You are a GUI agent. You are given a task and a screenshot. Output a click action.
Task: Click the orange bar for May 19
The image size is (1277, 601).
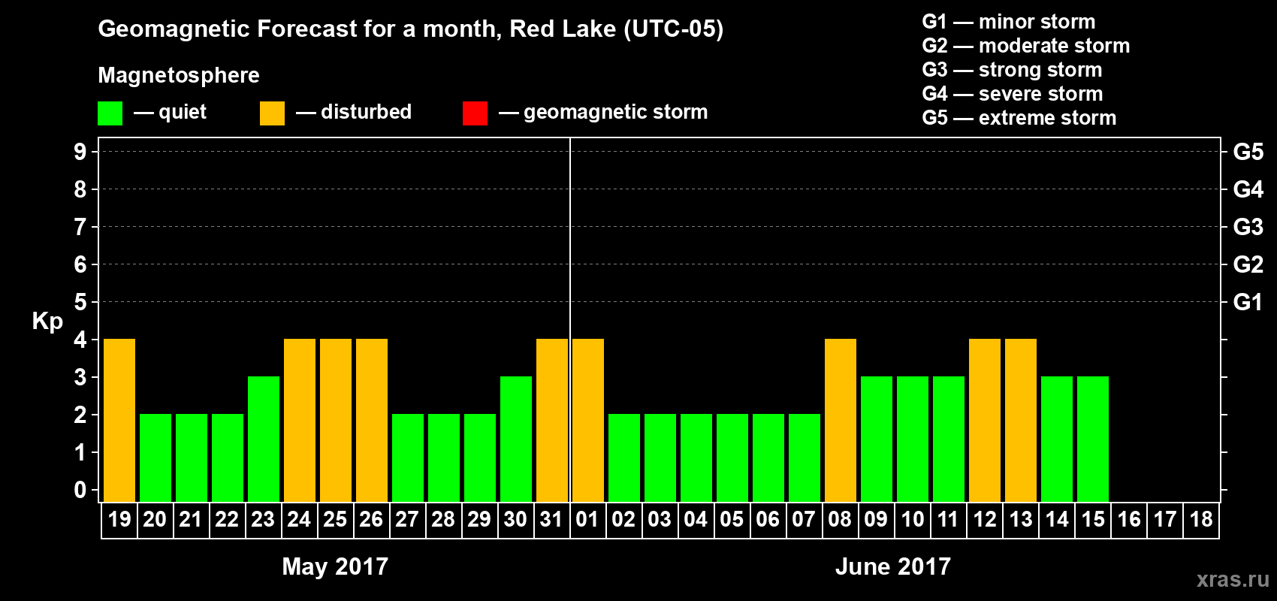(119, 420)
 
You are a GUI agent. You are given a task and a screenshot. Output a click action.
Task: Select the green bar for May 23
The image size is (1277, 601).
(264, 439)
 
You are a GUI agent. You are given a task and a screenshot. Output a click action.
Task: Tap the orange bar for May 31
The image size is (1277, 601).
(552, 420)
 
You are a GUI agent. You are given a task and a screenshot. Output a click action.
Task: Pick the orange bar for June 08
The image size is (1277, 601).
(841, 420)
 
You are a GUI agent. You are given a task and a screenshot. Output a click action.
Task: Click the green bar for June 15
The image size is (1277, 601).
(1093, 439)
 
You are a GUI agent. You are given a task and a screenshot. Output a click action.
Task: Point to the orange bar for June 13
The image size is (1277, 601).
(1021, 420)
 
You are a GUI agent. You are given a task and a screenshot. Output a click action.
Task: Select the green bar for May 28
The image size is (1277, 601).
(444, 458)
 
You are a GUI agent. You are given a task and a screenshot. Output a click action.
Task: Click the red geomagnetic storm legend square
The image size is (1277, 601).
(475, 113)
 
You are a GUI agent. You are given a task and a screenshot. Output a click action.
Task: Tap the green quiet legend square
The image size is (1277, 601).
(110, 113)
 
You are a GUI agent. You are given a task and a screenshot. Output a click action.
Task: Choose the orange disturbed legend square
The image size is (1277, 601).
(272, 113)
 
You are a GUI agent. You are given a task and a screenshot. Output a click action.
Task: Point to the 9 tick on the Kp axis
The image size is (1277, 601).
(80, 152)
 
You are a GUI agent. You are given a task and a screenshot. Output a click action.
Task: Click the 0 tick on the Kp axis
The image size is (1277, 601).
(80, 491)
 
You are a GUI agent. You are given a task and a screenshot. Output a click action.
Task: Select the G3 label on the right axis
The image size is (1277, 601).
(1248, 227)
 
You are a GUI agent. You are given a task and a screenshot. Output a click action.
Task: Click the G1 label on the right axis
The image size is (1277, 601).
(1248, 302)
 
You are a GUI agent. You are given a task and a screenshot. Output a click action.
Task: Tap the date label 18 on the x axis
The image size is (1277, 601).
(1201, 519)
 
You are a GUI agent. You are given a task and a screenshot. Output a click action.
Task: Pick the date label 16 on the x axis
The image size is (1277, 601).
(1129, 519)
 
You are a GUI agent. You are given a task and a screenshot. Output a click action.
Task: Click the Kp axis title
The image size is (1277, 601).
(47, 321)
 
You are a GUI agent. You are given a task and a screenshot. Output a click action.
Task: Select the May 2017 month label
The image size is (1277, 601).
(335, 566)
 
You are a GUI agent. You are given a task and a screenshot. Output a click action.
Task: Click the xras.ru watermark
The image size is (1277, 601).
(1233, 579)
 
